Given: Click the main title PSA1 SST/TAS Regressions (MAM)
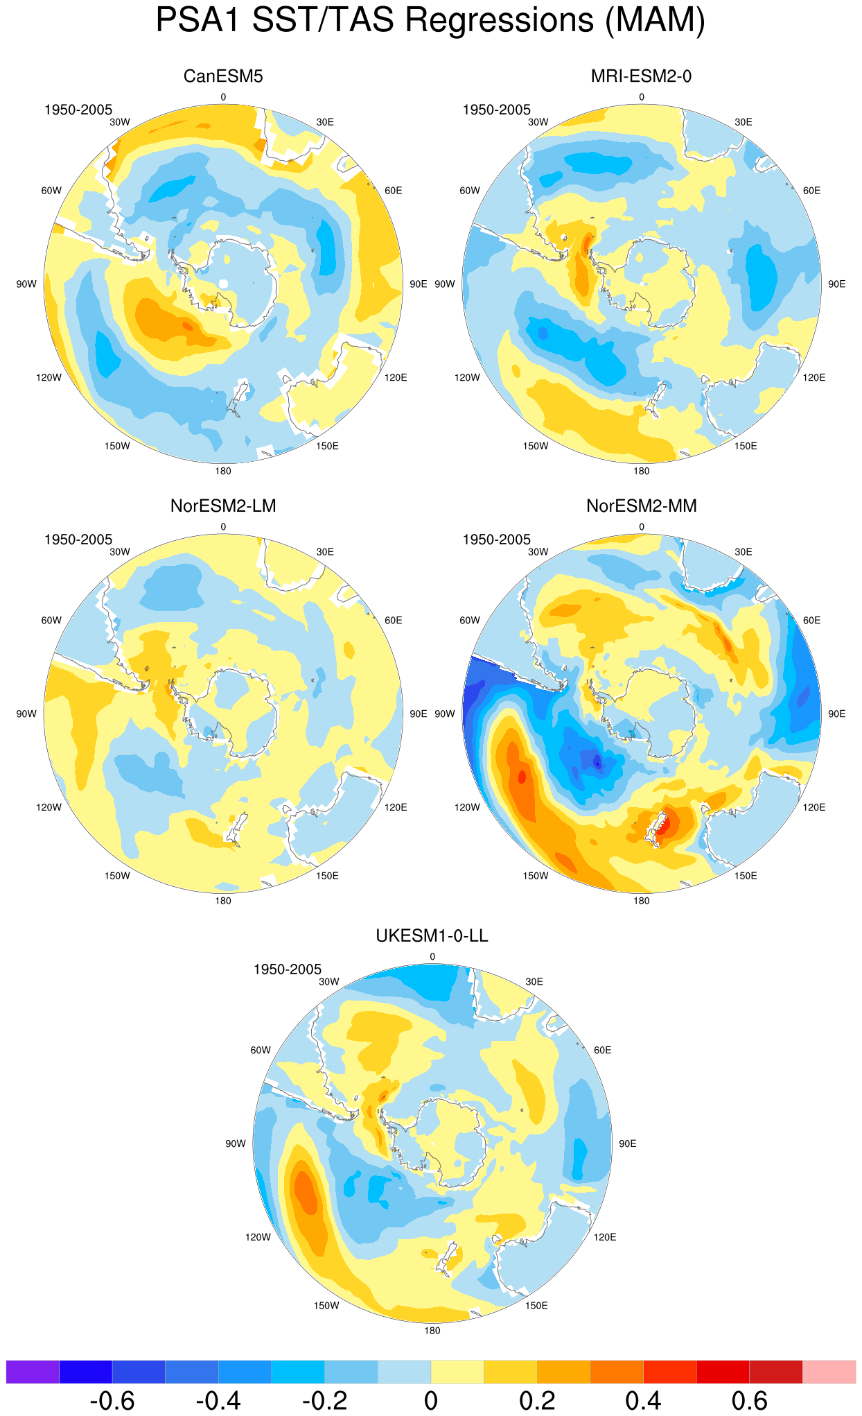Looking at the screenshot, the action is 430,20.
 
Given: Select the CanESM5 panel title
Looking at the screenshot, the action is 223,76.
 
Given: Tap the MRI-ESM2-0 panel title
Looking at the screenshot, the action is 641,76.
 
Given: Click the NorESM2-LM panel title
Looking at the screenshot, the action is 223,506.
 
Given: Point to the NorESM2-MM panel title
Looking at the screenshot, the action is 642,506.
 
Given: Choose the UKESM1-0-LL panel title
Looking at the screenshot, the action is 432,936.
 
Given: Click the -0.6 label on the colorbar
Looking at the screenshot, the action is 112,1401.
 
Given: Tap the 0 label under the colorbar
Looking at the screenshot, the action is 431,1401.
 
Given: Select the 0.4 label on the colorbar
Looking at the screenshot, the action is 643,1401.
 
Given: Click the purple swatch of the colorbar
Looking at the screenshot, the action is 33,1372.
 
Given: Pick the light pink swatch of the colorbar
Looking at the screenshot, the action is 829,1372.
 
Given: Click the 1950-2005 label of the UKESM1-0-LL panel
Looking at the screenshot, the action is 288,969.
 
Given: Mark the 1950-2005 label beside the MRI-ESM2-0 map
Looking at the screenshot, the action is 497,110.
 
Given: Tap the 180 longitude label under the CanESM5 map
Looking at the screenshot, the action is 223,471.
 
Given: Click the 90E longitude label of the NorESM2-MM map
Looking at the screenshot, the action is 836,714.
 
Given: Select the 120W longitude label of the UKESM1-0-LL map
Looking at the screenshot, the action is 258,1237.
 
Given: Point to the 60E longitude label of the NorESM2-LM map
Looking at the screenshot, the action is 393,620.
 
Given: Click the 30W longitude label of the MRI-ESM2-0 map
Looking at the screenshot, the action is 538,122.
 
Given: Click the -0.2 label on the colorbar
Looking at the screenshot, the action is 324,1401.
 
